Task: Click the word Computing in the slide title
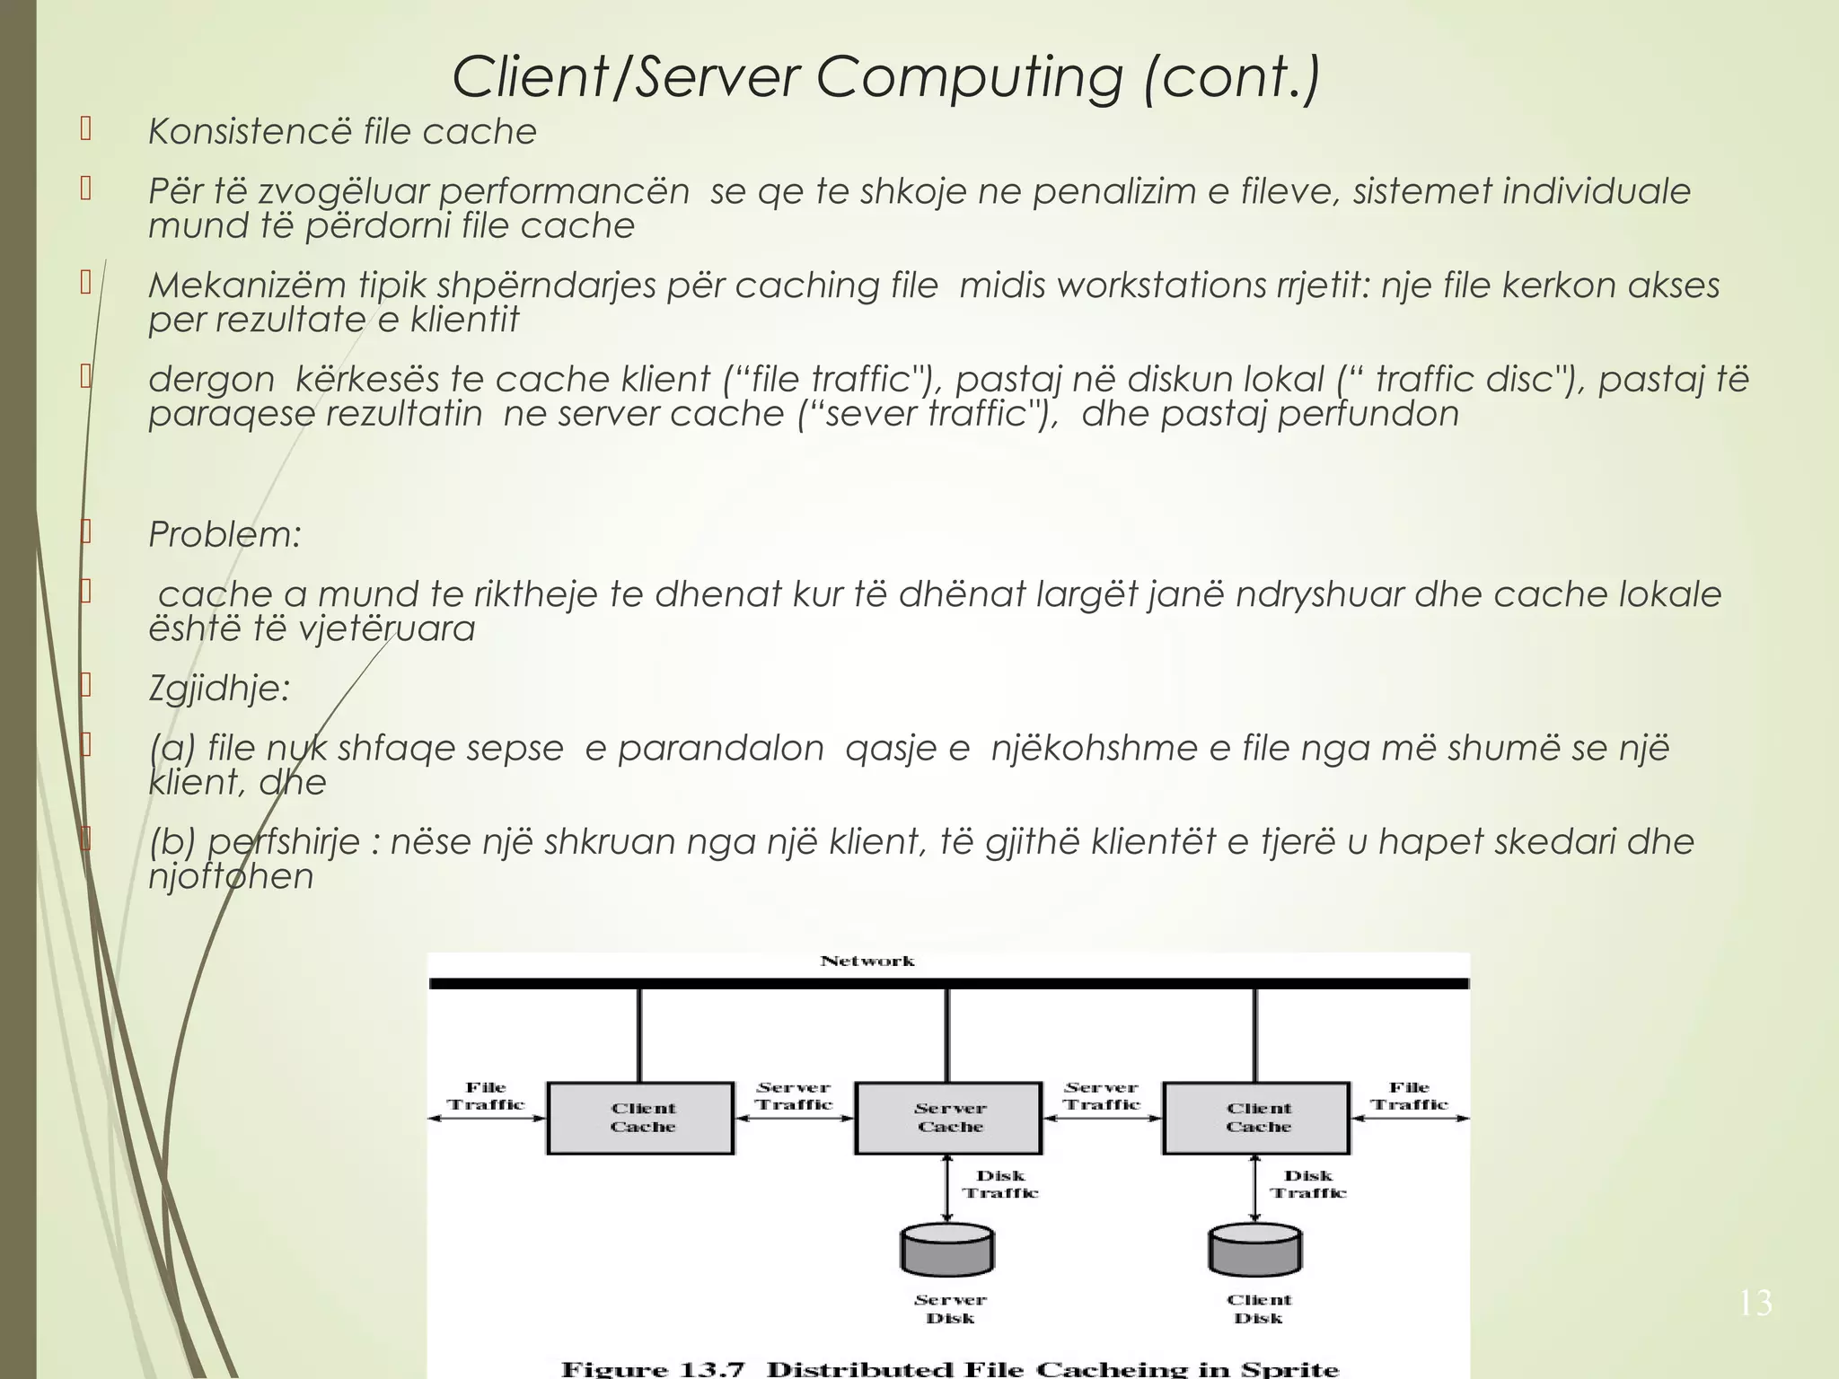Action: (969, 77)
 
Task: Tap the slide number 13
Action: (1755, 1303)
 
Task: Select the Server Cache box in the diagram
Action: (949, 1118)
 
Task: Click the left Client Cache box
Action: (641, 1118)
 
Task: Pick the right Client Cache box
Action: (1257, 1118)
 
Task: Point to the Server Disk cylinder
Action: (947, 1251)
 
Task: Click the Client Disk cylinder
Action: (1255, 1251)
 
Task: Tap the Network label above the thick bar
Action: (867, 961)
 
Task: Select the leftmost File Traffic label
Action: (486, 1096)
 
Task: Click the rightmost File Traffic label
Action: (1409, 1096)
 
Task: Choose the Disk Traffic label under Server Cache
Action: (1000, 1184)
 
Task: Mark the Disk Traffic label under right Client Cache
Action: (1308, 1184)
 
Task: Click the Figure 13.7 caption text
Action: (949, 1369)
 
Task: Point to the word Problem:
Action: (224, 535)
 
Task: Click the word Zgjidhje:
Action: (219, 689)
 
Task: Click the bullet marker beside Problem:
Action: (86, 532)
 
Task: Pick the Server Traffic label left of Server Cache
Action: (794, 1096)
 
